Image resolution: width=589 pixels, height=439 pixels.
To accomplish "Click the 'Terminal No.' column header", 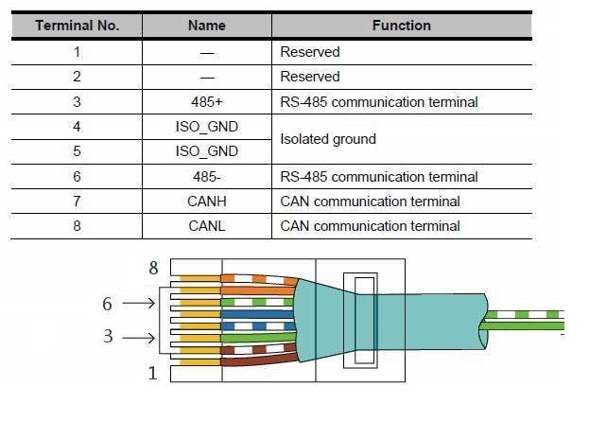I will (x=77, y=26).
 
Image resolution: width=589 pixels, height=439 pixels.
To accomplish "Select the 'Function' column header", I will (x=402, y=26).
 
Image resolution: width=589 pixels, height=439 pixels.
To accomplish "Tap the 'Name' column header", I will (x=207, y=26).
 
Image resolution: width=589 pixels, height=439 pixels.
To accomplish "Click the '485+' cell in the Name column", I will (x=207, y=101).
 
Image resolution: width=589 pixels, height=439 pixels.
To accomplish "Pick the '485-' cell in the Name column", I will (x=207, y=177).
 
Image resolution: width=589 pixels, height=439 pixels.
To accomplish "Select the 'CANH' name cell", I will (x=207, y=202).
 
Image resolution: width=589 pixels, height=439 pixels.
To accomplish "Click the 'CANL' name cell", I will (x=207, y=226).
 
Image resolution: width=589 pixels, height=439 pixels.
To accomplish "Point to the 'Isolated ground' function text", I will (x=328, y=139).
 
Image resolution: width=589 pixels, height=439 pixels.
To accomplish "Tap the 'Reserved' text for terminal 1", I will (x=310, y=52).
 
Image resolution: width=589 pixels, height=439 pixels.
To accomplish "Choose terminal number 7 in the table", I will (x=77, y=202).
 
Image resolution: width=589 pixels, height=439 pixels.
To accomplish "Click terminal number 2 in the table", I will (x=77, y=77).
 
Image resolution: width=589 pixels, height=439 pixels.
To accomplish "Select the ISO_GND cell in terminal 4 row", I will (x=207, y=127).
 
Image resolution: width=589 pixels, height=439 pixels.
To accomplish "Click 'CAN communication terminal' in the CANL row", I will (x=370, y=226).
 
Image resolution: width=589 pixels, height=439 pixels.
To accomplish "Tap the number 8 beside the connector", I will (x=153, y=269).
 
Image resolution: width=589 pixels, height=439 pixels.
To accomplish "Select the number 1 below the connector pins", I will (x=153, y=373).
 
